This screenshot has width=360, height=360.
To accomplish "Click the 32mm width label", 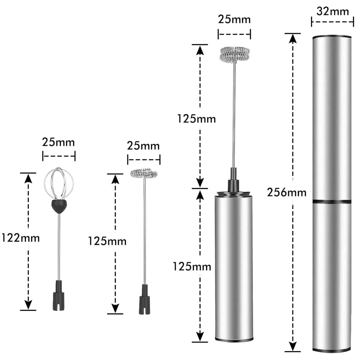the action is [x=332, y=12].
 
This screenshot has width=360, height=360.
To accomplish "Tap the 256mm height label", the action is [x=286, y=192].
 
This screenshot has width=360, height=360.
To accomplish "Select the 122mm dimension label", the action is [x=21, y=238].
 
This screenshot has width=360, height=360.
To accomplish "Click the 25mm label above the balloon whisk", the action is [x=58, y=142].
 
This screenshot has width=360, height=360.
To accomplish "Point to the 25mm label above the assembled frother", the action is [x=234, y=19].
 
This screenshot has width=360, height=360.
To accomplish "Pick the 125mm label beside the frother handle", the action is [x=192, y=267].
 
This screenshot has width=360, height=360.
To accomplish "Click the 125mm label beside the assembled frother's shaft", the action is [x=196, y=119].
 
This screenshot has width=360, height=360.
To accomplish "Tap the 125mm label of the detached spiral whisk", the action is [x=107, y=241].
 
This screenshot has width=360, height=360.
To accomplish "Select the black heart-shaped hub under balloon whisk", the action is [x=59, y=206].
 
